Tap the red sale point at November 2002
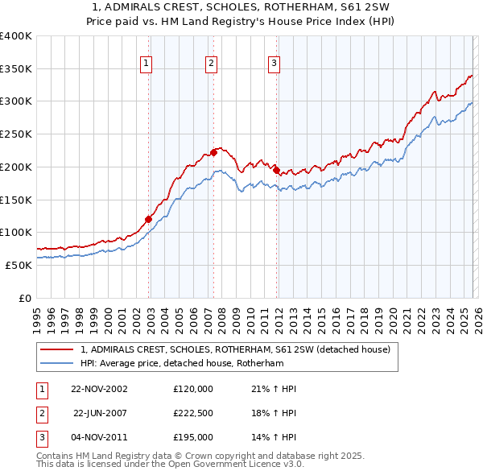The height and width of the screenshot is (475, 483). click(149, 218)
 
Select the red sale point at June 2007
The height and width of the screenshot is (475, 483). click(214, 151)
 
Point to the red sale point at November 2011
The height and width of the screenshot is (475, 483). click(276, 170)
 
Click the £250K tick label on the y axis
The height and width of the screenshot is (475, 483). click(16, 134)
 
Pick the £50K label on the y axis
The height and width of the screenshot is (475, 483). click(19, 265)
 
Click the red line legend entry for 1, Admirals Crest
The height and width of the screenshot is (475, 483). click(235, 349)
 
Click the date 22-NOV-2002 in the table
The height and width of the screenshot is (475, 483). click(99, 389)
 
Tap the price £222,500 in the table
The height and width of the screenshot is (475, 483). click(193, 413)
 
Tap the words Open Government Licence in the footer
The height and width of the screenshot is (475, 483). click(234, 464)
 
